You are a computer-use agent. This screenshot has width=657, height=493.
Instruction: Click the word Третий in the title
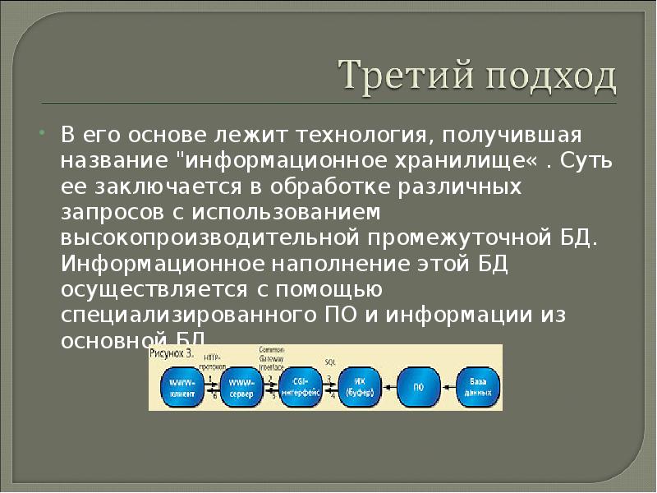tap(398, 78)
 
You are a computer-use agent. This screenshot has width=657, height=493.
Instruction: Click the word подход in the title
tap(542, 79)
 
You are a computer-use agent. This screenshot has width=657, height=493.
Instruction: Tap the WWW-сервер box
tap(241, 387)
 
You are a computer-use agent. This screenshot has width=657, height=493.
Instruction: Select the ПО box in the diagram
tap(418, 387)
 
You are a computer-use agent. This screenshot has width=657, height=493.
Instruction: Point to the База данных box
tap(477, 387)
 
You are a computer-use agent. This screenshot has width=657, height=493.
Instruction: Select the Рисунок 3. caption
tap(172, 353)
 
